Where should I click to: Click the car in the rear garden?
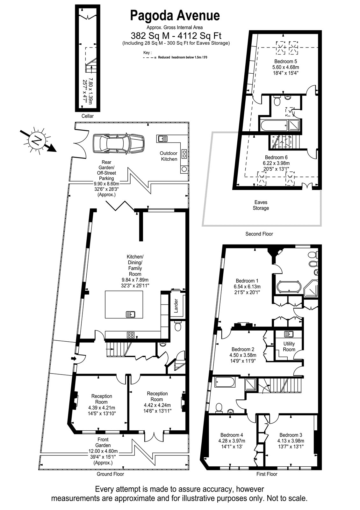point(119,144)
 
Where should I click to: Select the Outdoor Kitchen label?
point(169,156)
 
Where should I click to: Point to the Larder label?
point(176,306)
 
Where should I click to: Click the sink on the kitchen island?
point(131,314)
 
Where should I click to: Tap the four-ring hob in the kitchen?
point(131,335)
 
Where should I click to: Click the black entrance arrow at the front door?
point(74,358)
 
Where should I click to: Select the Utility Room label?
point(289,346)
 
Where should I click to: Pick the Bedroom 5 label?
point(285,61)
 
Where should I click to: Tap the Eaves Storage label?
point(261,205)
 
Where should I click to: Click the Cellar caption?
point(88,116)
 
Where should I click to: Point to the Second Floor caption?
point(259,234)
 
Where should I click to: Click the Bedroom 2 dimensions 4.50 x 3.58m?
point(243,355)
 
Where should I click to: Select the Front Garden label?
point(103,442)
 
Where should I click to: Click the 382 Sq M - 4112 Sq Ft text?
point(176,36)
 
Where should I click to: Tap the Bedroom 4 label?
point(232,435)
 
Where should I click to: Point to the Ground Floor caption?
point(110,474)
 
